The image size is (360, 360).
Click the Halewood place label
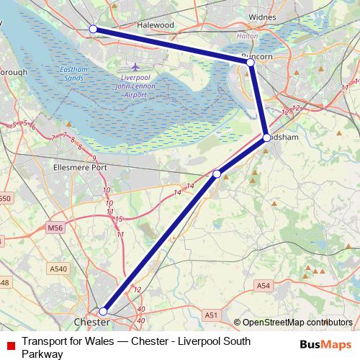pyautogui.click(x=156, y=24)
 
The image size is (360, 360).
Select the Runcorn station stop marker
pyautogui.click(x=251, y=63)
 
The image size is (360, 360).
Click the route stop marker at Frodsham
pyautogui.click(x=266, y=138)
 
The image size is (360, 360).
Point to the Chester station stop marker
pyautogui.click(x=104, y=312)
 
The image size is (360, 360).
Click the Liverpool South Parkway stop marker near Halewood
pyautogui.click(x=93, y=29)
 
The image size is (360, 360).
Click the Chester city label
pyautogui.click(x=91, y=322)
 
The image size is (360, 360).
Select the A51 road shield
pyautogui.click(x=210, y=315)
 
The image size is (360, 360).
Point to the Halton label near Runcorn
pyautogui.click(x=247, y=36)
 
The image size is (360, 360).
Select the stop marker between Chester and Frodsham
pyautogui.click(x=217, y=174)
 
